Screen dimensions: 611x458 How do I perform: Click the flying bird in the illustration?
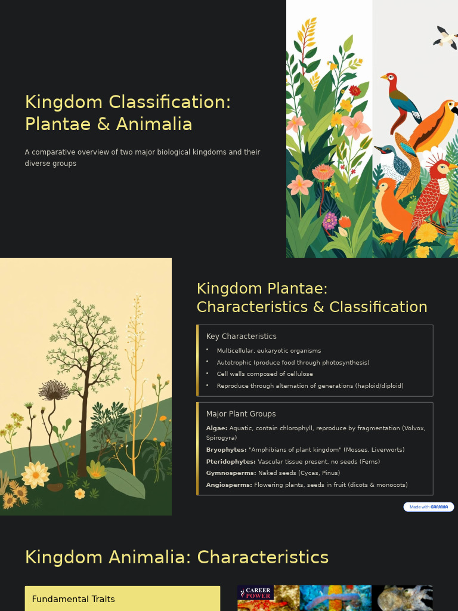[x=445, y=38]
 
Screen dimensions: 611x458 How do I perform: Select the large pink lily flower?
[x=357, y=125]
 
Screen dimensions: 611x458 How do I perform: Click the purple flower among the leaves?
[x=330, y=221]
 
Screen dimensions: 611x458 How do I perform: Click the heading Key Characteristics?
[x=241, y=337]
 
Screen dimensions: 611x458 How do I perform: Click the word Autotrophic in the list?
[x=234, y=363]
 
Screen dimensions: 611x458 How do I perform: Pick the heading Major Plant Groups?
[x=241, y=414]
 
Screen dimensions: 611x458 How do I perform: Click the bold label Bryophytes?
[x=226, y=450]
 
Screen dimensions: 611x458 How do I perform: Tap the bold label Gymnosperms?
[x=231, y=473]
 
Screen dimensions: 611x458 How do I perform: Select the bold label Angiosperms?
[x=229, y=485]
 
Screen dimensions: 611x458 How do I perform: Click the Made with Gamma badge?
[x=428, y=507]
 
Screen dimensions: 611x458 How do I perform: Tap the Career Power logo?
[x=255, y=593]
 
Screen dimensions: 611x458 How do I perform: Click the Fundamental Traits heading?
[x=73, y=599]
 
